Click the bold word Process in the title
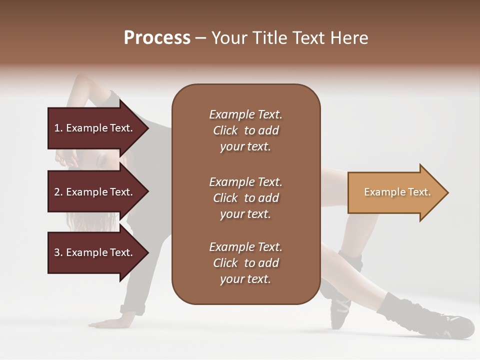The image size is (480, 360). coord(157,38)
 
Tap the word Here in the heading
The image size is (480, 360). coord(348,38)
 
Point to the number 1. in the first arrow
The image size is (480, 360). coord(58,128)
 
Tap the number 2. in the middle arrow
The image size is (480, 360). coord(58,192)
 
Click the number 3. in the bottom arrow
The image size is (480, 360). coord(58,252)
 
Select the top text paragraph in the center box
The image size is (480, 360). coord(245,130)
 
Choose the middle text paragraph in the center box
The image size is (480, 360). coord(245,198)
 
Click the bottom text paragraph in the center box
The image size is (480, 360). coord(245,263)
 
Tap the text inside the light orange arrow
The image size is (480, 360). coord(397,192)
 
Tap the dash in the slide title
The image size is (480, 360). coord(200,38)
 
